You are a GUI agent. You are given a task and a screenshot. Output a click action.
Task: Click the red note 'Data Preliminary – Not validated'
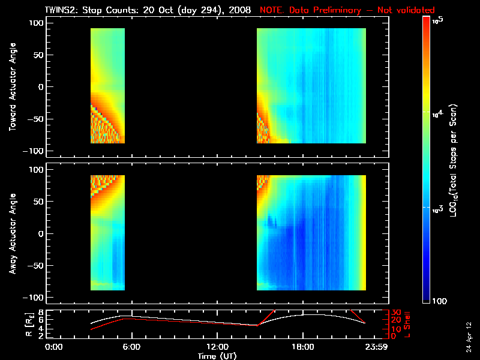point(347,10)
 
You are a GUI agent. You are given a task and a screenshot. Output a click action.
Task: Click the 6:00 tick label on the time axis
point(131,347)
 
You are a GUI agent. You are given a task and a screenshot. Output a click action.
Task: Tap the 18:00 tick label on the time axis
point(302,347)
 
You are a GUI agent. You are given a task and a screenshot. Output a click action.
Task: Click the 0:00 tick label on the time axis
point(54,347)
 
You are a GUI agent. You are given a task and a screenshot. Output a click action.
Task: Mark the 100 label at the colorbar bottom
point(438,300)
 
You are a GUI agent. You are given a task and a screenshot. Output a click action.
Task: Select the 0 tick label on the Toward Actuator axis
point(41,87)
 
